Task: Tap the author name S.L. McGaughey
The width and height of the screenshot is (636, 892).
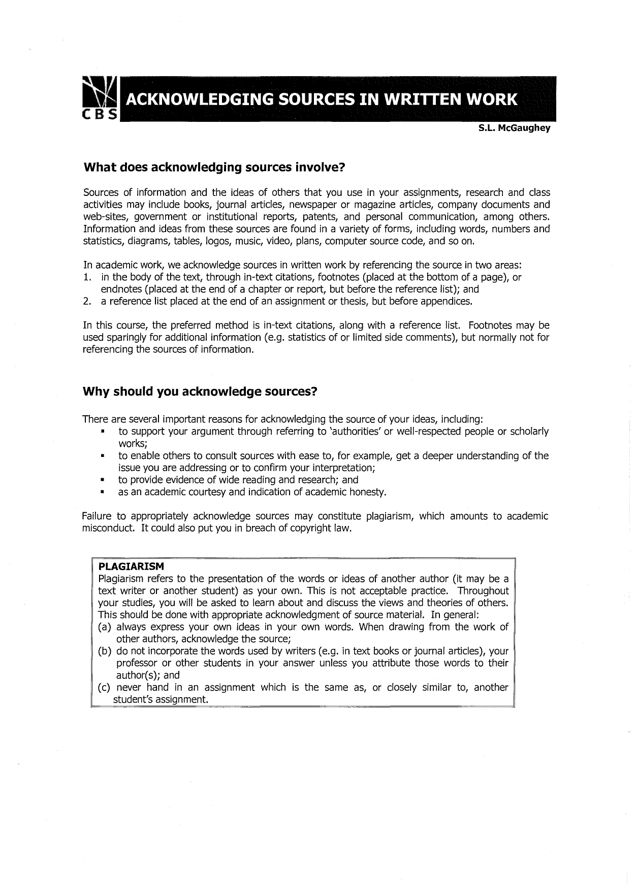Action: click(514, 129)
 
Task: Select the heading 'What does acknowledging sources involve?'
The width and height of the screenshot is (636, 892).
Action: click(214, 168)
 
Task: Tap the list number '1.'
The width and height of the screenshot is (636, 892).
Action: click(87, 278)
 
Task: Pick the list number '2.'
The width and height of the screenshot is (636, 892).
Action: click(87, 302)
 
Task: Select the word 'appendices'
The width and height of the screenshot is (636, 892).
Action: click(450, 302)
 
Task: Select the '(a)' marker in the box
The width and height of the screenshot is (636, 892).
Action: click(105, 627)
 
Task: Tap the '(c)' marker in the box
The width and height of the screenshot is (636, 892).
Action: click(105, 688)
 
